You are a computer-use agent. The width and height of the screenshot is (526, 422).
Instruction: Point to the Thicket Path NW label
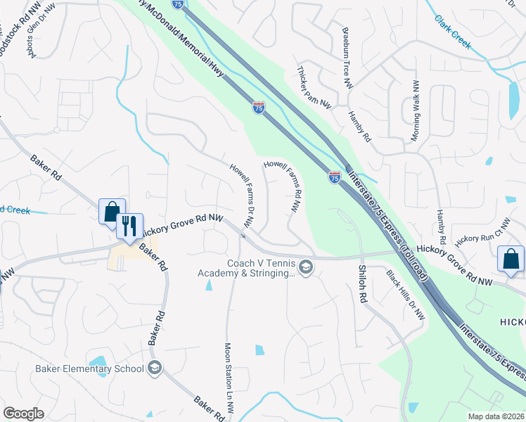pyautogui.click(x=314, y=87)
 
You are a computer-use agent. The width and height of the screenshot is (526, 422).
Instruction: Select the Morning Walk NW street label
pyautogui.click(x=415, y=108)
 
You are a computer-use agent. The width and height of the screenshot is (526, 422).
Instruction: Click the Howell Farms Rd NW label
pyautogui.click(x=286, y=186)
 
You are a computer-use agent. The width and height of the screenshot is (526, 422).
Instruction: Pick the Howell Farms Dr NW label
pyautogui.click(x=241, y=195)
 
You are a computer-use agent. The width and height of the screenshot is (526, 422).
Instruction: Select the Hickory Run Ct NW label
pyautogui.click(x=481, y=229)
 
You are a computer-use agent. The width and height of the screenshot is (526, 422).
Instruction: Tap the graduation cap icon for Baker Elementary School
pyautogui.click(x=155, y=368)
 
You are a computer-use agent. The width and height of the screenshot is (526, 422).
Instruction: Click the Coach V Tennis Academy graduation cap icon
pyautogui.click(x=306, y=268)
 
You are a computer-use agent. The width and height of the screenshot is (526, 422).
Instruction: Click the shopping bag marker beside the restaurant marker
pyautogui.click(x=112, y=212)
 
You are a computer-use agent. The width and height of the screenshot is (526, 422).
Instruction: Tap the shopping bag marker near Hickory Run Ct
pyautogui.click(x=511, y=258)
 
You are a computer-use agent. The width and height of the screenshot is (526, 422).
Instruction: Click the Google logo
pyautogui.click(x=24, y=414)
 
